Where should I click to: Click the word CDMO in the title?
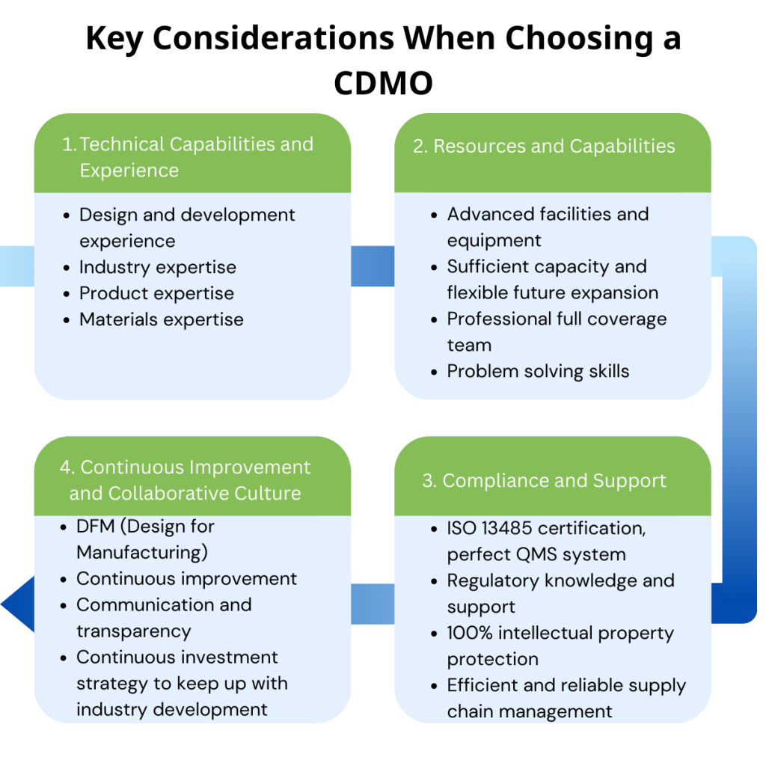[383, 82]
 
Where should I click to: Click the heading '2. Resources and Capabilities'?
[544, 146]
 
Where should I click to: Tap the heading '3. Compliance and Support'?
[544, 480]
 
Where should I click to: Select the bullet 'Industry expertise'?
[157, 267]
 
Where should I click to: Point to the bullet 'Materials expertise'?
[161, 319]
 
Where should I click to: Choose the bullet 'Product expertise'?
[156, 293]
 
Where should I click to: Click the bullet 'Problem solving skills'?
[538, 371]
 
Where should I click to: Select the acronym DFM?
[95, 526]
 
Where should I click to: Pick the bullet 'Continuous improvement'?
[186, 578]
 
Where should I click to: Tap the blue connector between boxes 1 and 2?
[372, 266]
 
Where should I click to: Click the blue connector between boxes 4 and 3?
[372, 604]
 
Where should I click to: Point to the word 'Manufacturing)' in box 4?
[141, 552]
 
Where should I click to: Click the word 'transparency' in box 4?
[133, 631]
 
